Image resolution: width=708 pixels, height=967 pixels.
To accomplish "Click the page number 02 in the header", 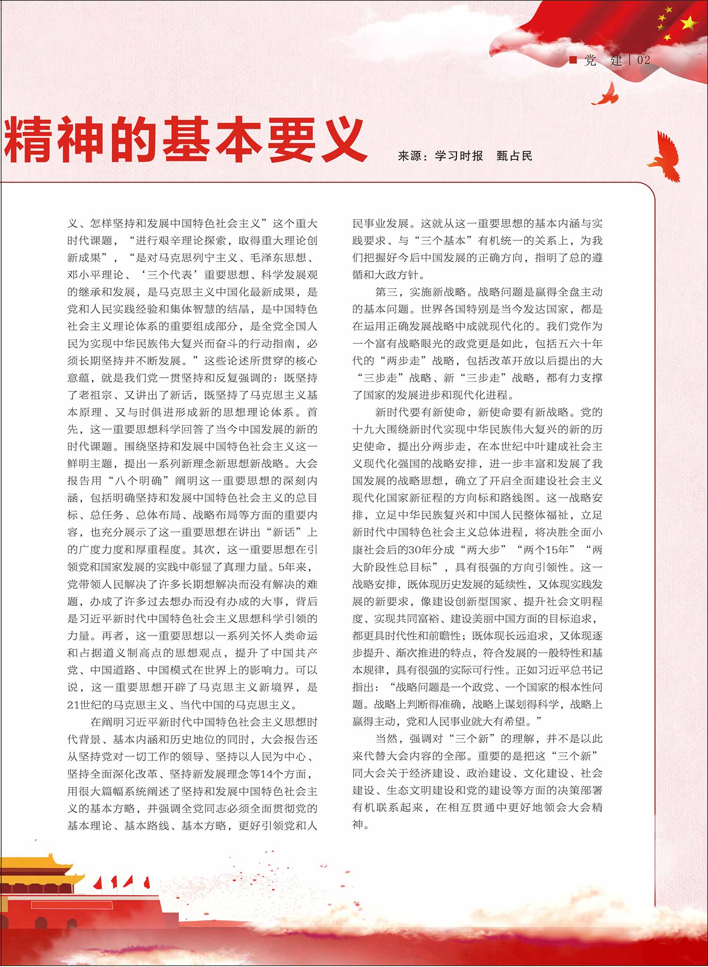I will pos(643,60).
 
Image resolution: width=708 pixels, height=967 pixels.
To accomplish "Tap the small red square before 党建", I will pos(573,59).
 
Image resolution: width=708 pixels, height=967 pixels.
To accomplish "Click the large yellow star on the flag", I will pos(689,22).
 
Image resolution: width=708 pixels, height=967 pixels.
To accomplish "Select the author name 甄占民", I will pos(514,156).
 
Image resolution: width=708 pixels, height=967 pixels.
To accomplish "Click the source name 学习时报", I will pos(459,156).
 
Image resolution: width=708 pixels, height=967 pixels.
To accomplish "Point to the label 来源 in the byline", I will pos(409,156).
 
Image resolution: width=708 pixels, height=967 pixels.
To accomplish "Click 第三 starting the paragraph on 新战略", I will pos(387,292).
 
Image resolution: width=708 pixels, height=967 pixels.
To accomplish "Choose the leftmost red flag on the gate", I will pos(98,882).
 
